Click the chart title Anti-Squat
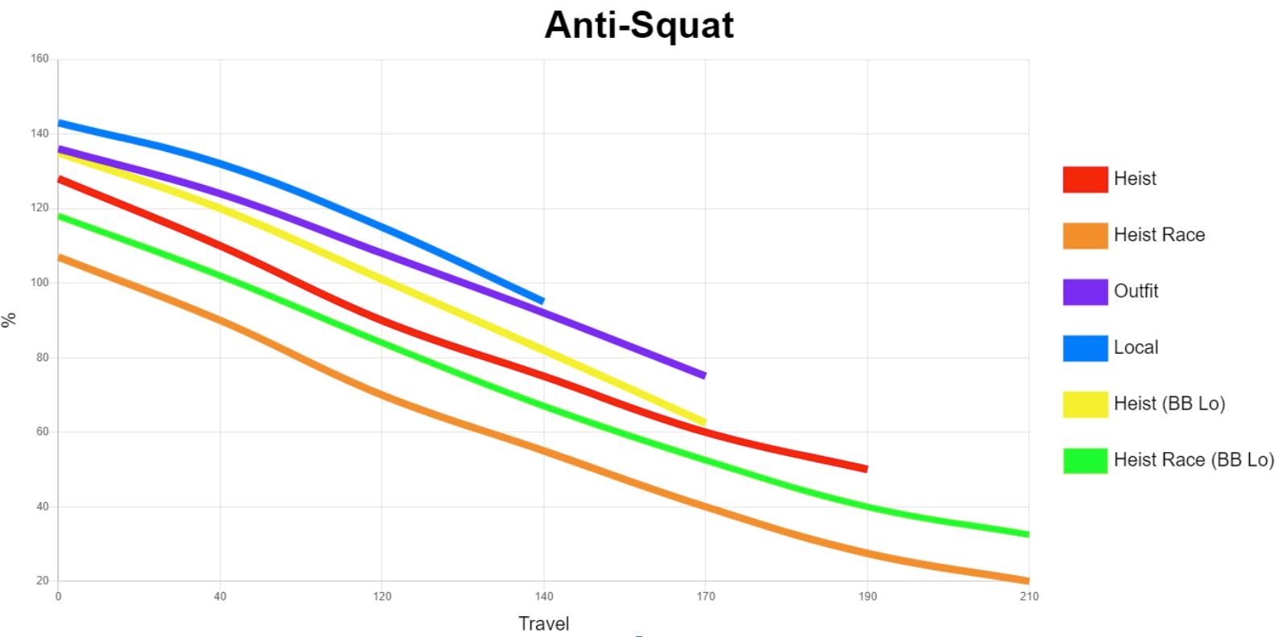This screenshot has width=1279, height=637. tap(638, 25)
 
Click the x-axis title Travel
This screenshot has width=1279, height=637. tap(543, 623)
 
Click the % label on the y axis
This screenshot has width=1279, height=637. tap(10, 320)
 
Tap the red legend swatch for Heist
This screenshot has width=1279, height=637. tap(1084, 179)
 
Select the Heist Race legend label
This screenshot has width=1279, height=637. tap(1158, 235)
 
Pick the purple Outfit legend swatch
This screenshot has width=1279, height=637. tap(1084, 292)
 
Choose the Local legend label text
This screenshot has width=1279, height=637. tap(1135, 347)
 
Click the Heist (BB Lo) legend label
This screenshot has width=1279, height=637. tap(1169, 404)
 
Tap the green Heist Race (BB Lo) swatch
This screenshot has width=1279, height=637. tap(1084, 461)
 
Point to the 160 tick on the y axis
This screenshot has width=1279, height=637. tap(40, 59)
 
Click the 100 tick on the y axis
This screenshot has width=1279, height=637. tap(40, 282)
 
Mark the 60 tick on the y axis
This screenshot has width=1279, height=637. tap(42, 432)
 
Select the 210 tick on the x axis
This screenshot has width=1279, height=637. tap(1028, 596)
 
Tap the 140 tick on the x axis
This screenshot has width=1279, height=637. tap(543, 596)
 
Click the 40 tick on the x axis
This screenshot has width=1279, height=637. tap(220, 596)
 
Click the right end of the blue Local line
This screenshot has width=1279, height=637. tap(543, 301)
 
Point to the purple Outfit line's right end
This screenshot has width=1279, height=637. tap(704, 376)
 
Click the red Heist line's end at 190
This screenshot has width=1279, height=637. tap(866, 468)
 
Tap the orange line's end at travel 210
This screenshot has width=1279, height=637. tap(1027, 580)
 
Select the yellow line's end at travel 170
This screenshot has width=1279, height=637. tap(704, 421)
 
